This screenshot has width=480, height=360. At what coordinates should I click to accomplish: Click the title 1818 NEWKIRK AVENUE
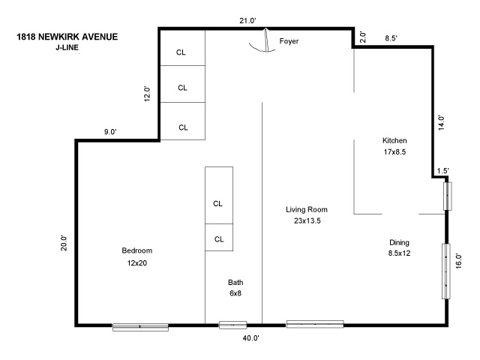(x=66, y=36)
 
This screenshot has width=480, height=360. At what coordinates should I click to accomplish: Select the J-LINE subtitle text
(x=67, y=47)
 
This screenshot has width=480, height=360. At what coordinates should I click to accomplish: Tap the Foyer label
(x=289, y=41)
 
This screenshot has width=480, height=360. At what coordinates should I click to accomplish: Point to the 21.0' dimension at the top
(x=248, y=21)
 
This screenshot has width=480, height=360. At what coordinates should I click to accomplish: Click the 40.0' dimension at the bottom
(x=250, y=338)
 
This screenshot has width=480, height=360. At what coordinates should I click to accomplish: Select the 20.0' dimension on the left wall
(x=64, y=244)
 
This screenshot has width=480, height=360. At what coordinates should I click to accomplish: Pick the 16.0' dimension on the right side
(x=459, y=260)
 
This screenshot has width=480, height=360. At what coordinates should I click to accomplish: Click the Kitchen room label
(x=394, y=140)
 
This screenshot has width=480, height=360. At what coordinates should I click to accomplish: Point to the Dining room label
(x=399, y=242)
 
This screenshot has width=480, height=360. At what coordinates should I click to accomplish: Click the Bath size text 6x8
(x=235, y=293)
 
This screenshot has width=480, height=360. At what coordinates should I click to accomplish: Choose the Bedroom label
(x=137, y=250)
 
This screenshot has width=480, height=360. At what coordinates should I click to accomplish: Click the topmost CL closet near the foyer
(x=181, y=52)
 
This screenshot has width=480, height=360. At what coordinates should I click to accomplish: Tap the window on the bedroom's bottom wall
(x=140, y=326)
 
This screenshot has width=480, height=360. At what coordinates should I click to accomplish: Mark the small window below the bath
(x=232, y=325)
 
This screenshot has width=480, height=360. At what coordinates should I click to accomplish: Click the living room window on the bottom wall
(x=315, y=324)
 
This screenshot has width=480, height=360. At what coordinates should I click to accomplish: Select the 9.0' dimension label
(x=110, y=132)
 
